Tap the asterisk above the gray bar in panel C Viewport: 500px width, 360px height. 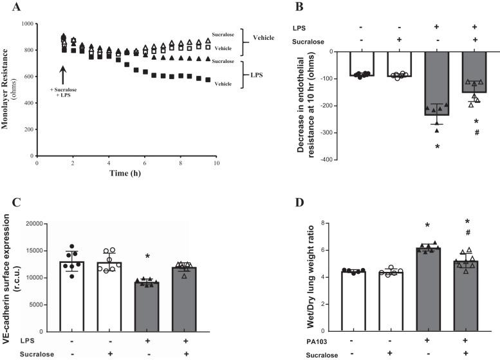tap(147, 257)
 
